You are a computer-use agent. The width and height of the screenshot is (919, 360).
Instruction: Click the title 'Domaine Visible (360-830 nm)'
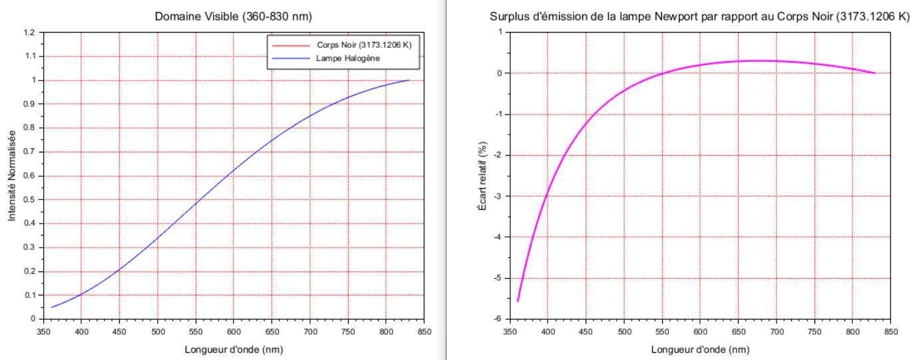coord(233,16)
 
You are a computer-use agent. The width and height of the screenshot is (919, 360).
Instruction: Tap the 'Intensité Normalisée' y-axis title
coord(11,175)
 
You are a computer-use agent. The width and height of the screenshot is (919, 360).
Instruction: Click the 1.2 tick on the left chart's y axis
coord(30,32)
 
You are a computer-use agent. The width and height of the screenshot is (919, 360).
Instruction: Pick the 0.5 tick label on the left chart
coord(30,200)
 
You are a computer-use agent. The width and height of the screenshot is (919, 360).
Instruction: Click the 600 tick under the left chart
coord(234,331)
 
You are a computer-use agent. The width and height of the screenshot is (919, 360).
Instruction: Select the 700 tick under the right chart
coord(776,331)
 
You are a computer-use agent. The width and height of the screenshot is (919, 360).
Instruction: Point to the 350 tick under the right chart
coord(510,331)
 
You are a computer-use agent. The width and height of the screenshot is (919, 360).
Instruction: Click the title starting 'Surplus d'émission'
coord(699,17)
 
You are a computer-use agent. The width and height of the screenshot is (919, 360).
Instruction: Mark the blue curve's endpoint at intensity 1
coord(409,80)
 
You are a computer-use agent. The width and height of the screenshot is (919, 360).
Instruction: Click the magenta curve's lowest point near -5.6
coord(518,301)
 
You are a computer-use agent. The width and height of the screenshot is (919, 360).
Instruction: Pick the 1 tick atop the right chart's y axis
coord(498,32)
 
